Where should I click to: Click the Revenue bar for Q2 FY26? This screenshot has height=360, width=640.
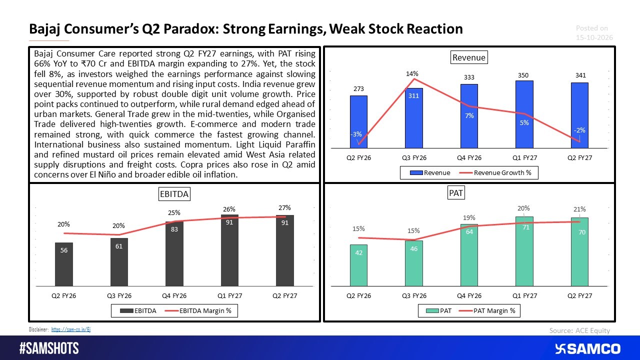[358, 121]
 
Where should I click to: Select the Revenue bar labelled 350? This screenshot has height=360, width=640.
[524, 114]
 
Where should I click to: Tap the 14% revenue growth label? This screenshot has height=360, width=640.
[412, 73]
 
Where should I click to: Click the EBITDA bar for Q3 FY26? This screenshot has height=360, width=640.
[119, 262]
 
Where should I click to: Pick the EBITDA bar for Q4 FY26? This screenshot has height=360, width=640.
[174, 253]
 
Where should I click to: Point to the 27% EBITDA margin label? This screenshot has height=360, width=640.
[284, 207]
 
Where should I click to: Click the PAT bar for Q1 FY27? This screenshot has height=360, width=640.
[524, 251]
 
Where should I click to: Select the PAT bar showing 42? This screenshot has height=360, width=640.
[358, 265]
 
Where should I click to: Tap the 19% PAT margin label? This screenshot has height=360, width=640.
[469, 217]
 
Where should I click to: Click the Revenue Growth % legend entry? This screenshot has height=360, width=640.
[495, 173]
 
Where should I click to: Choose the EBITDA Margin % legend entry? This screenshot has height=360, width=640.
[198, 311]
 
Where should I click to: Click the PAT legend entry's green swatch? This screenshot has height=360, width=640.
[432, 311]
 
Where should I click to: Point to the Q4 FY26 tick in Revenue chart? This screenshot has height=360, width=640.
[469, 157]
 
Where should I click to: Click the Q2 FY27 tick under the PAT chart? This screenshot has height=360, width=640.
[579, 295]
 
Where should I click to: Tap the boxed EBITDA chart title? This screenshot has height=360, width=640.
[174, 194]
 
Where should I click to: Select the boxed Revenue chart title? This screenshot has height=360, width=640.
[469, 57]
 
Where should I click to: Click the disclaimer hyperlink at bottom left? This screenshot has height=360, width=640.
[71, 329]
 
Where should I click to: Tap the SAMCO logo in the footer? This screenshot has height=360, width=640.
[587, 349]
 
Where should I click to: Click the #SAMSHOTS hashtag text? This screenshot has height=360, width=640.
[49, 348]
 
